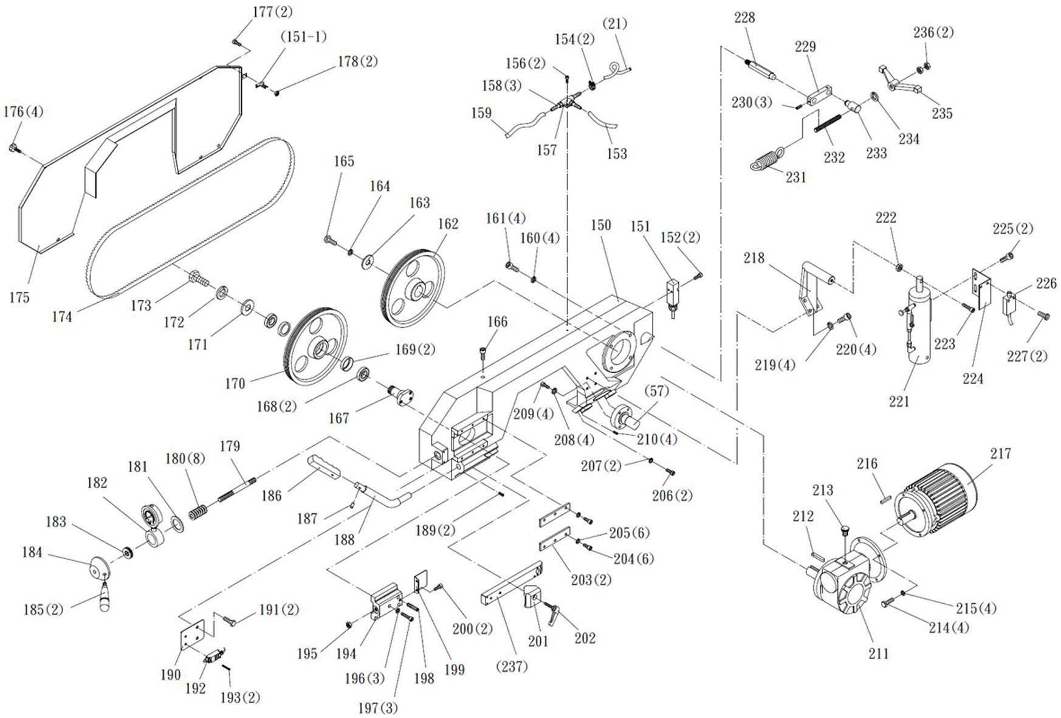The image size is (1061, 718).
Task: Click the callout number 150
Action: [x=600, y=225]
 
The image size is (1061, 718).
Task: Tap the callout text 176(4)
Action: [x=23, y=112]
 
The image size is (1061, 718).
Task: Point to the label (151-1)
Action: [x=303, y=36]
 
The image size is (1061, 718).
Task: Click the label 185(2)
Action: [x=43, y=609]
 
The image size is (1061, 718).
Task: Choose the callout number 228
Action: [x=744, y=18]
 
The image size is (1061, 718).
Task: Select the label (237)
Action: [x=512, y=666]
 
